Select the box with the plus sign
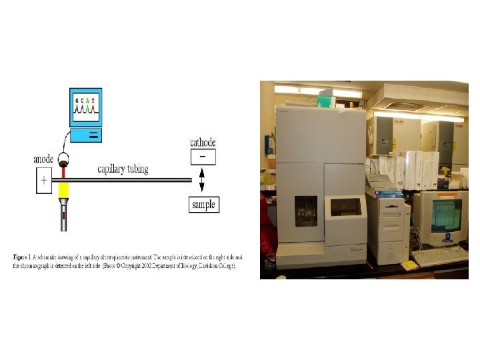pyautogui.click(x=44, y=180)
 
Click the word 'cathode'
pyautogui.click(x=203, y=143)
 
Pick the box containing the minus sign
pyautogui.click(x=203, y=157)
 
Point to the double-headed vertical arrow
pyautogui.click(x=202, y=179)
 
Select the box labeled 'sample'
pyautogui.click(x=203, y=204)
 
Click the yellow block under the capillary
pyautogui.click(x=64, y=192)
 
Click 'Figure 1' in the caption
pyautogui.click(x=21, y=257)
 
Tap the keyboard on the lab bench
pyautogui.click(x=441, y=255)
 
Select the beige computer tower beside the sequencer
pyautogui.click(x=388, y=230)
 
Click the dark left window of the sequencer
pyautogui.click(x=307, y=211)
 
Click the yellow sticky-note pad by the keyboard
pyautogui.click(x=408, y=265)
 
